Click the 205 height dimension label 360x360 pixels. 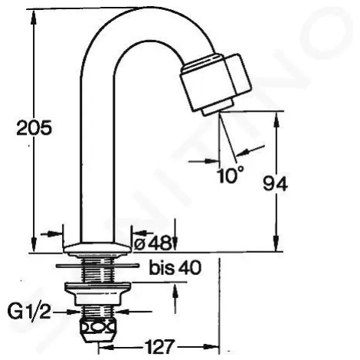(34, 128)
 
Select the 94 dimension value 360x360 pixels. (275, 183)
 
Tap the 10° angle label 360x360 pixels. (231, 175)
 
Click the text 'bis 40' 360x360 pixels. (175, 267)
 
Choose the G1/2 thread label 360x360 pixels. (29, 312)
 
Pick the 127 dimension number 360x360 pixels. (160, 347)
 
